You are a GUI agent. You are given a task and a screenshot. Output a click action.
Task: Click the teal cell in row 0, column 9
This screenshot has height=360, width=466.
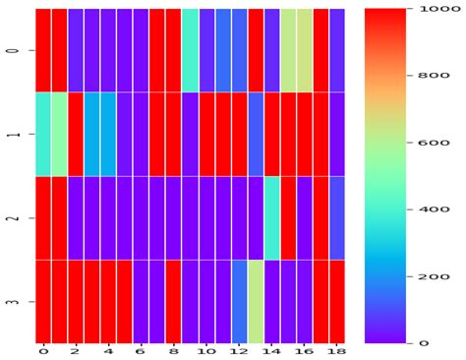click(x=190, y=50)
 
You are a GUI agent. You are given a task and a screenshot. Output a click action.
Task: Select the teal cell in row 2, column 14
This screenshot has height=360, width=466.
click(x=272, y=218)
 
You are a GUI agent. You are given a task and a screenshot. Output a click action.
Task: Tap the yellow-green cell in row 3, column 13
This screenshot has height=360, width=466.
click(x=256, y=302)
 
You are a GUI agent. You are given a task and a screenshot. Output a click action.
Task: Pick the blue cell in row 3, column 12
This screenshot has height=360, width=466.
click(x=239, y=302)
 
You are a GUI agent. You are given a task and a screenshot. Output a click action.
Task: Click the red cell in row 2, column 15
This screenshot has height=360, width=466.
click(x=288, y=218)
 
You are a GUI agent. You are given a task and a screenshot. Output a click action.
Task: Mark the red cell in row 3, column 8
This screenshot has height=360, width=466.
click(x=174, y=302)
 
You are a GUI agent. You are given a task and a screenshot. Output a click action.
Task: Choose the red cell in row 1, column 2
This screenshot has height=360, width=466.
click(x=76, y=134)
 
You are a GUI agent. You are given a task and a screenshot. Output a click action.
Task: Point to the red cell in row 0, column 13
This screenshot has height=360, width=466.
click(x=256, y=50)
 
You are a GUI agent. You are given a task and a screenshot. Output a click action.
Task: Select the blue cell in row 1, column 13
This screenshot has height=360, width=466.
click(x=256, y=134)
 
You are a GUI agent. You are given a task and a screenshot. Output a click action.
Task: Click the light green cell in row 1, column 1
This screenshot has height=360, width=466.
click(x=59, y=134)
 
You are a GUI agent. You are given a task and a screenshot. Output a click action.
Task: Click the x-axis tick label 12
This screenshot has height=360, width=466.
click(x=239, y=350)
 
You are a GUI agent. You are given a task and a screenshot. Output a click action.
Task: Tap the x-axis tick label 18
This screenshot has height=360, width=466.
click(x=337, y=350)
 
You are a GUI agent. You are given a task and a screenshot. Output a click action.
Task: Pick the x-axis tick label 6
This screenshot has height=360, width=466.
click(x=141, y=350)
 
